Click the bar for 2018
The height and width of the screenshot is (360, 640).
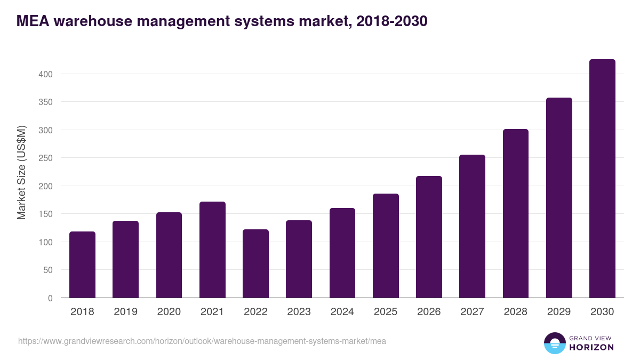click(x=82, y=265)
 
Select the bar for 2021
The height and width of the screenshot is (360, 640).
click(x=212, y=250)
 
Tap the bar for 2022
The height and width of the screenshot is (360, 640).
click(x=255, y=263)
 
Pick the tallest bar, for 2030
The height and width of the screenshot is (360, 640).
click(x=602, y=179)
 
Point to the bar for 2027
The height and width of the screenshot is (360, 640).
click(x=472, y=226)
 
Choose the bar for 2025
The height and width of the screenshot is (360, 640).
click(x=386, y=245)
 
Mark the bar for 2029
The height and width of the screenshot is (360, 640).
click(x=559, y=198)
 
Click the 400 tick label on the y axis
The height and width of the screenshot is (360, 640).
click(x=46, y=74)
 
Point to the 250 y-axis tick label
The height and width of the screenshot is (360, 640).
click(x=46, y=158)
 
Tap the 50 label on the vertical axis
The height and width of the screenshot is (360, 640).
click(x=48, y=270)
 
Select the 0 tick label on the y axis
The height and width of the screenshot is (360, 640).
click(x=50, y=298)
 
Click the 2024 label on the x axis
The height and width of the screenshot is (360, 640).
click(x=342, y=312)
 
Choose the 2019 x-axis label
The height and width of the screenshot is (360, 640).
click(x=125, y=312)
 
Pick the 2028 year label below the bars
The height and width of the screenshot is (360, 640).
click(x=515, y=312)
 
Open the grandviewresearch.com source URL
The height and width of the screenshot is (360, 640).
click(x=202, y=341)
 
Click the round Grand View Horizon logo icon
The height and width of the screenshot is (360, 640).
click(x=554, y=343)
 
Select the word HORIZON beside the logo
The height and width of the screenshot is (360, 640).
click(x=591, y=347)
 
